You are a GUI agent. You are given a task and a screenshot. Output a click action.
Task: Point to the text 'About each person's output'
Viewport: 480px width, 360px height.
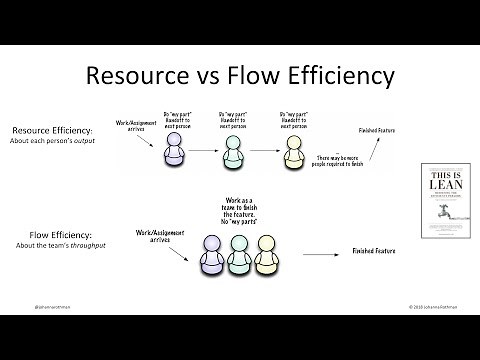55,142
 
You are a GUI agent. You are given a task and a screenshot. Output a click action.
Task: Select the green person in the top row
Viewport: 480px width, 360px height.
233,152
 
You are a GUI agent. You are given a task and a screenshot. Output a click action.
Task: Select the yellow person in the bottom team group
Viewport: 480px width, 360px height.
265,257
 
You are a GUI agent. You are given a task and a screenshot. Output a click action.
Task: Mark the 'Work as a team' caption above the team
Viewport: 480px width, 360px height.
237,207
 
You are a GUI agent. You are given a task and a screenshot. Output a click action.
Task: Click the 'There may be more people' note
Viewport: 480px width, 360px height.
322,163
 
